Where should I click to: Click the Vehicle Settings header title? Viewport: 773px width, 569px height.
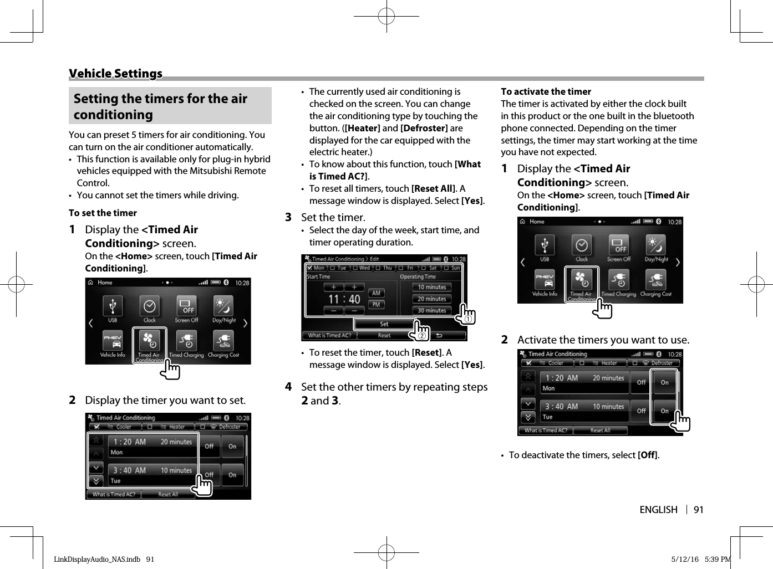pos(115,74)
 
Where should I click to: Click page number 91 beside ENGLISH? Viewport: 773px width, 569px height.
pos(698,510)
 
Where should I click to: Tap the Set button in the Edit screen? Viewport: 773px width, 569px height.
pos(384,324)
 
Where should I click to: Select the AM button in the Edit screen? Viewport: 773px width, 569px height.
pos(377,293)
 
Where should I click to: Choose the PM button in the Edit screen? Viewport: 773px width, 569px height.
pos(377,304)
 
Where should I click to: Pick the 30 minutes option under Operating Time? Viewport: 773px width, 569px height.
pos(432,310)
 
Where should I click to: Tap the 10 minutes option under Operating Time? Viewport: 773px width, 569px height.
pos(432,287)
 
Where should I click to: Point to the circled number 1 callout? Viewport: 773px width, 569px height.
pos(469,319)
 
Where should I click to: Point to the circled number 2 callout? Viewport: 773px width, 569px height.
pos(421,336)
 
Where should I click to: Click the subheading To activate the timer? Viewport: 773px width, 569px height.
pos(546,92)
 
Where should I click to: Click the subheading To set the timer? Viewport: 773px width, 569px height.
pos(103,213)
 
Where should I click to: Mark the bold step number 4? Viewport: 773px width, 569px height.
pos(288,387)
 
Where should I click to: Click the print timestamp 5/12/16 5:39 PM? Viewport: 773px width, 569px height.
pos(701,559)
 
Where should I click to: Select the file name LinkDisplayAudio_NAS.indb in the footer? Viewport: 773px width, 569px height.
pos(97,559)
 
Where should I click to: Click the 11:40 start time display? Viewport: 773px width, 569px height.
pos(344,299)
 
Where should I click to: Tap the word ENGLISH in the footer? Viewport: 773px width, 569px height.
pos(658,510)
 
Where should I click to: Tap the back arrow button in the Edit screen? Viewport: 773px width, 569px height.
pos(439,335)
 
